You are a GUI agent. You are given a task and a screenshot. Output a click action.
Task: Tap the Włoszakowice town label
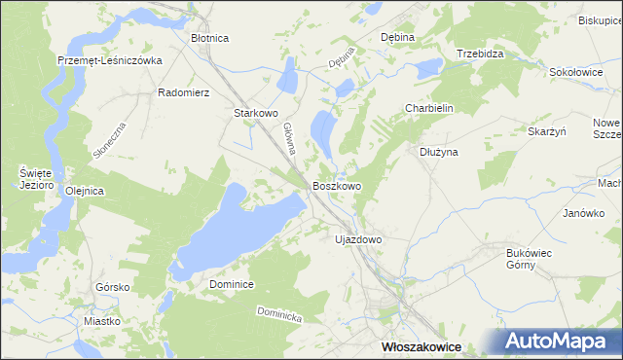pyautogui.click(x=421, y=346)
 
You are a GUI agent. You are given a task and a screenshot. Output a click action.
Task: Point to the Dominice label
pyautogui.click(x=232, y=284)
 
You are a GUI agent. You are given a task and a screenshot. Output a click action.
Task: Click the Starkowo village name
pyautogui.click(x=256, y=113)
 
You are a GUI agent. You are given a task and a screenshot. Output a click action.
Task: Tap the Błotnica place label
pyautogui.click(x=210, y=38)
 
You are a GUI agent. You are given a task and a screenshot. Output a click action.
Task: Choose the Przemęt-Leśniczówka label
pyautogui.click(x=109, y=59)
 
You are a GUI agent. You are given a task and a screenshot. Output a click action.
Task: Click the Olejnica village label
pyautogui.click(x=84, y=191)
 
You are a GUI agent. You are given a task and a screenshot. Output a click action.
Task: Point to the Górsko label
pyautogui.click(x=113, y=288)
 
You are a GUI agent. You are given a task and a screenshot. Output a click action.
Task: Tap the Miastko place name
pyautogui.click(x=102, y=321)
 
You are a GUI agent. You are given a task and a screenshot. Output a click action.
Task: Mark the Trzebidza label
pyautogui.click(x=480, y=54)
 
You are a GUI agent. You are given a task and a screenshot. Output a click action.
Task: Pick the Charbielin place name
pyautogui.click(x=429, y=109)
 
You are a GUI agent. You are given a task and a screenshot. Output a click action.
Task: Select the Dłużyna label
pyautogui.click(x=438, y=152)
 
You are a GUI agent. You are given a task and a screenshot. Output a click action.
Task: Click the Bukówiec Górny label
pyautogui.click(x=530, y=259)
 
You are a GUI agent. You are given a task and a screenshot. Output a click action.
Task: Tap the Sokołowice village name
pyautogui.click(x=576, y=72)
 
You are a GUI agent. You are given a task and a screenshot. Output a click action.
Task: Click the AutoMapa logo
pyautogui.click(x=561, y=342)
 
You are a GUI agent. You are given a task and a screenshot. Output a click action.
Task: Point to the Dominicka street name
pyautogui.click(x=280, y=315)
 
